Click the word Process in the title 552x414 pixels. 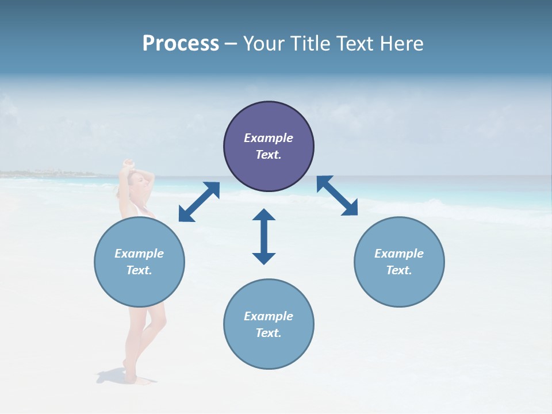click(x=181, y=44)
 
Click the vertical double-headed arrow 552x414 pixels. click(x=264, y=236)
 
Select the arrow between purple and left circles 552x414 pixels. click(x=199, y=202)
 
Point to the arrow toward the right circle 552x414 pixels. click(x=338, y=195)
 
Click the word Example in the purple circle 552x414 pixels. click(x=269, y=138)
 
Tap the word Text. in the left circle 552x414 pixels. click(x=139, y=270)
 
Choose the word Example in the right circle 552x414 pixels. click(x=399, y=254)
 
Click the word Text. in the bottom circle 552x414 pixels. click(x=269, y=333)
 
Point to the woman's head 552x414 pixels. click(x=137, y=183)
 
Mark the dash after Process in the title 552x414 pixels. click(x=231, y=44)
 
